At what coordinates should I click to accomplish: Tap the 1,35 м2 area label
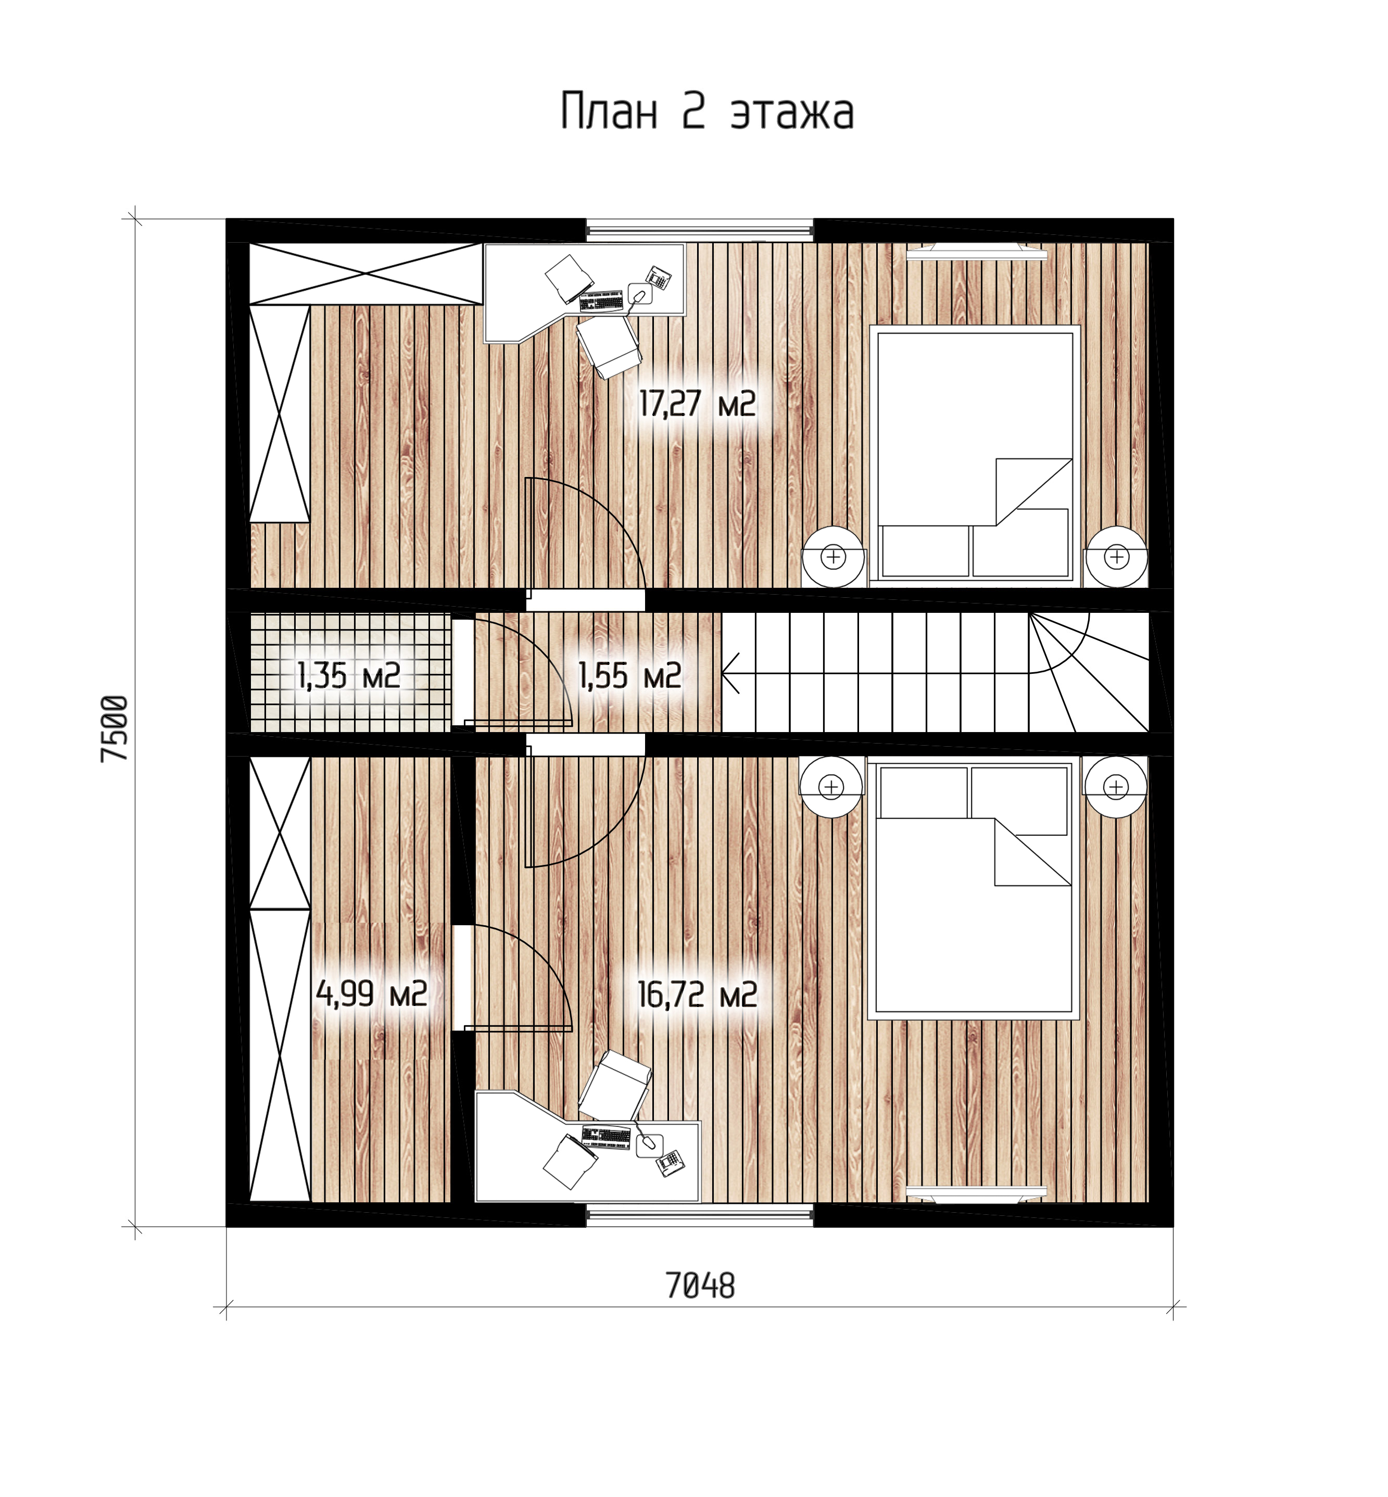(349, 676)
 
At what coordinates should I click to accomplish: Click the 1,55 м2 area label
(629, 676)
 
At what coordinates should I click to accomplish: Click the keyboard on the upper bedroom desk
(602, 301)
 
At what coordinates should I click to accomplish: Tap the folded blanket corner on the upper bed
(1033, 492)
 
